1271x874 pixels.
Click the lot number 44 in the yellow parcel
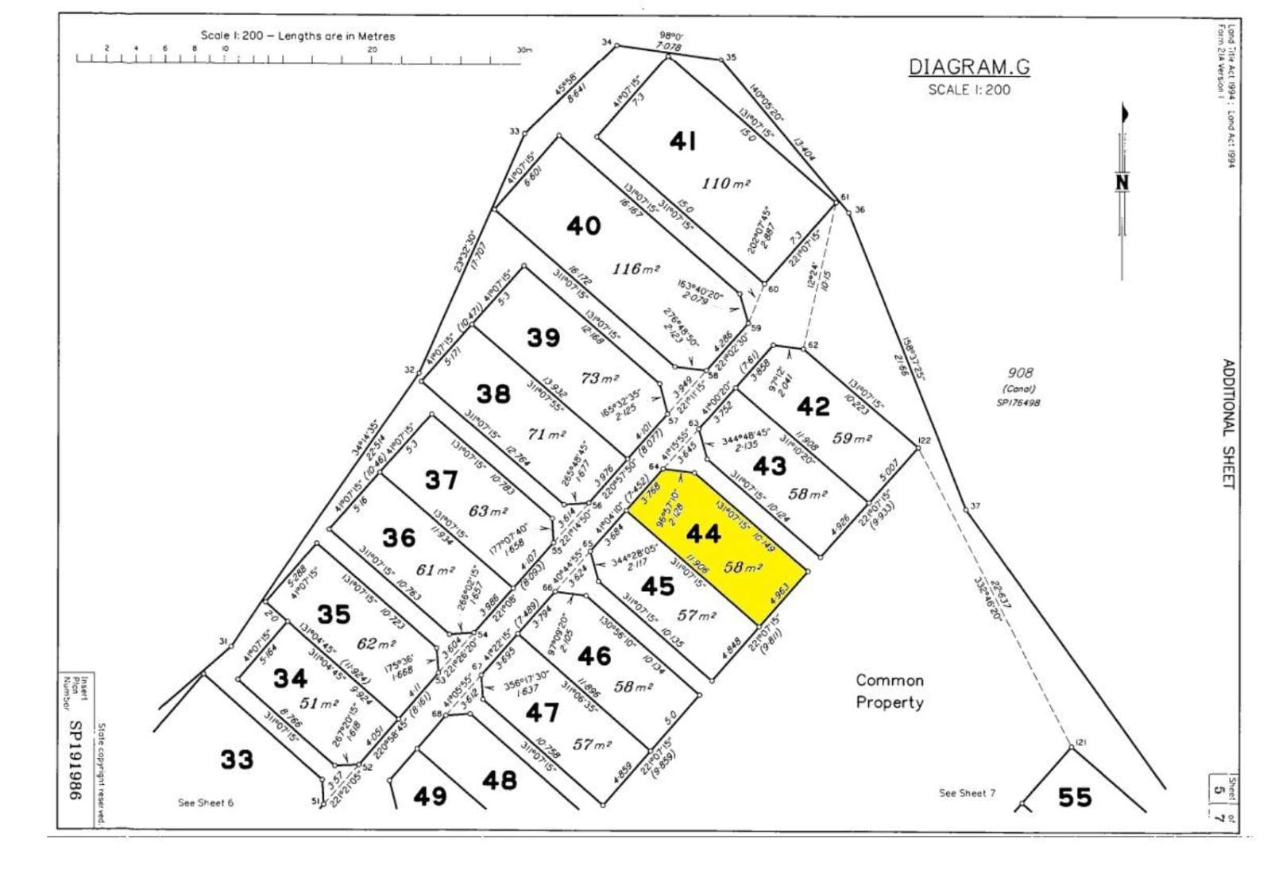click(704, 533)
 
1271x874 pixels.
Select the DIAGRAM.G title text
click(969, 67)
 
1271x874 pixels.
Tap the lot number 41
click(683, 141)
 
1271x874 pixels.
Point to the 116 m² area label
click(636, 269)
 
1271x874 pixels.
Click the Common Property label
click(890, 691)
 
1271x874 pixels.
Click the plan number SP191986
click(76, 760)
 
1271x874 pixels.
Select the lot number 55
click(1074, 796)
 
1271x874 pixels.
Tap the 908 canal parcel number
click(1020, 373)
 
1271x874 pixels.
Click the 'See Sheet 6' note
click(206, 802)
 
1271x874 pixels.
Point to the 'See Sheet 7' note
click(967, 793)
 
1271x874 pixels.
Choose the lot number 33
click(237, 760)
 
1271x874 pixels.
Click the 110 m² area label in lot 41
click(725, 184)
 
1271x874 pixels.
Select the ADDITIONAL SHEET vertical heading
click(1228, 424)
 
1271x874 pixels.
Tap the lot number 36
click(399, 538)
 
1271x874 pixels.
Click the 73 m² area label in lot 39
click(599, 378)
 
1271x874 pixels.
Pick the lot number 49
click(430, 795)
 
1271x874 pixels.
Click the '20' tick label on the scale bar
click(372, 49)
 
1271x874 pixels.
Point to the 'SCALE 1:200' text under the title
click(969, 90)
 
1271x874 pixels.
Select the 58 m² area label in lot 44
click(744, 567)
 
